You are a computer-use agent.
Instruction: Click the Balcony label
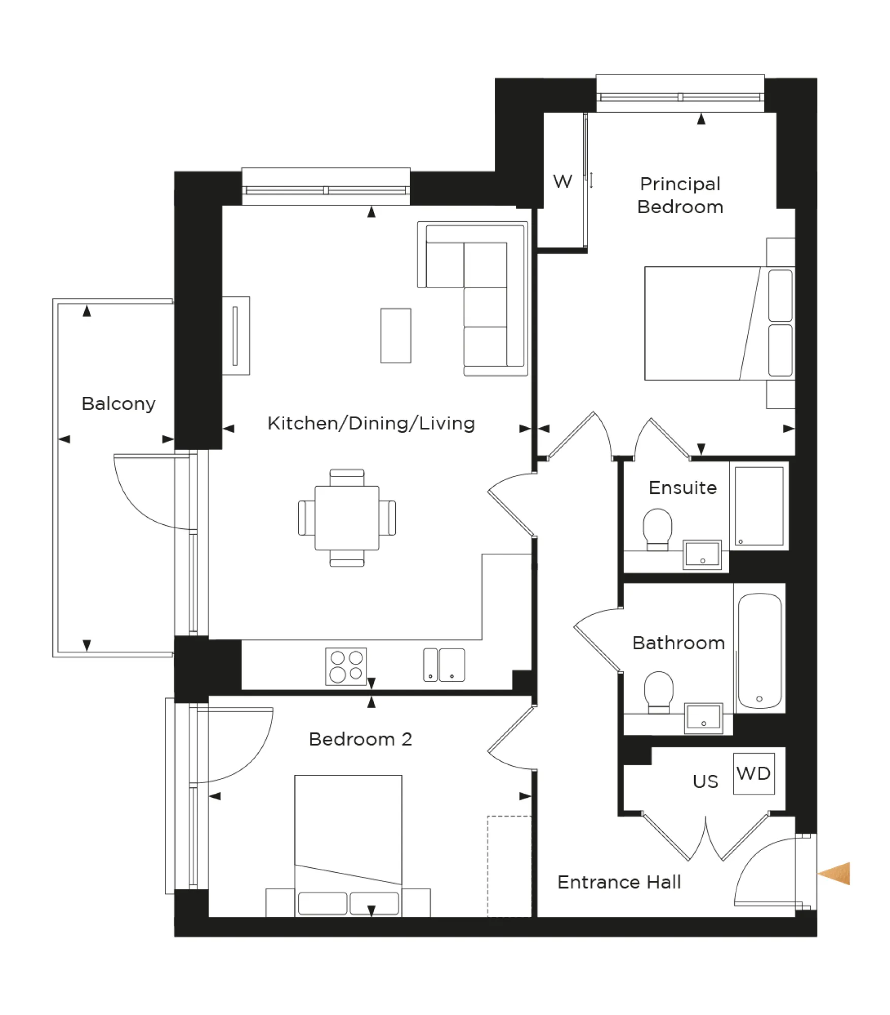pyautogui.click(x=118, y=404)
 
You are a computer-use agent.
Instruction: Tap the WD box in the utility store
pyautogui.click(x=754, y=773)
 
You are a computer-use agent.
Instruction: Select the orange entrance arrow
pyautogui.click(x=835, y=873)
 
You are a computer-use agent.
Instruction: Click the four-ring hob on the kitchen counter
pyautogui.click(x=346, y=666)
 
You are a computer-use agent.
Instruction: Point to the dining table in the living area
pyautogui.click(x=347, y=518)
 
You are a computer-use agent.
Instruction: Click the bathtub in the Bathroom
pyautogui.click(x=759, y=651)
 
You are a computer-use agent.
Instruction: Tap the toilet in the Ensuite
pyautogui.click(x=657, y=528)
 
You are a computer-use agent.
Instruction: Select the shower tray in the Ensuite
pyautogui.click(x=759, y=506)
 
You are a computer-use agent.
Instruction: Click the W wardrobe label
pyautogui.click(x=562, y=181)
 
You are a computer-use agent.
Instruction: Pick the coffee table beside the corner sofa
pyautogui.click(x=395, y=335)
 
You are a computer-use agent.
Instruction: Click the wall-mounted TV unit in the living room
pyautogui.click(x=235, y=335)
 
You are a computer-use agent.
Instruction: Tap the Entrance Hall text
pyautogui.click(x=619, y=882)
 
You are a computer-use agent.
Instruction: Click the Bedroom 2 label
pyautogui.click(x=360, y=739)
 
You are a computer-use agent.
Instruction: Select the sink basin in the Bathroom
pyautogui.click(x=703, y=718)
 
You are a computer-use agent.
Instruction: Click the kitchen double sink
pyautogui.click(x=444, y=664)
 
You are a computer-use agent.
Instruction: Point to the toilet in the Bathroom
pyautogui.click(x=658, y=690)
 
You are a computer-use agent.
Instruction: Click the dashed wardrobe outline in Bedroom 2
pyautogui.click(x=509, y=866)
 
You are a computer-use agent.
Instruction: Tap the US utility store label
pyautogui.click(x=705, y=781)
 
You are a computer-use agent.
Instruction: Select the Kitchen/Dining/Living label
pyautogui.click(x=371, y=423)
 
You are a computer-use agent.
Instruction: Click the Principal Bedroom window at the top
pyautogui.click(x=679, y=96)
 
